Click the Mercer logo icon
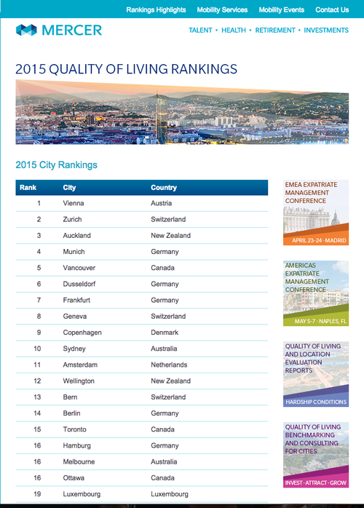tap(26, 30)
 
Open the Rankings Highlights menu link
tap(156, 10)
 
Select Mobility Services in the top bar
tap(222, 10)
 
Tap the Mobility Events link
tap(281, 10)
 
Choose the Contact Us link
tap(332, 10)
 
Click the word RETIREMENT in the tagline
tap(275, 31)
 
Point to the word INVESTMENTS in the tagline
tap(326, 31)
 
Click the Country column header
tap(164, 188)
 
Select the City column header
tap(70, 188)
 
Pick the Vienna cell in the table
tap(74, 204)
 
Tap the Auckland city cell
tap(77, 236)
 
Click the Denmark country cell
tap(165, 333)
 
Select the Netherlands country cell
tap(170, 365)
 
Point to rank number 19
tap(39, 494)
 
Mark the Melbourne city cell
tap(79, 461)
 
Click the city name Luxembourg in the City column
tap(82, 494)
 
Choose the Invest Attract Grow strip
tap(315, 482)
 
